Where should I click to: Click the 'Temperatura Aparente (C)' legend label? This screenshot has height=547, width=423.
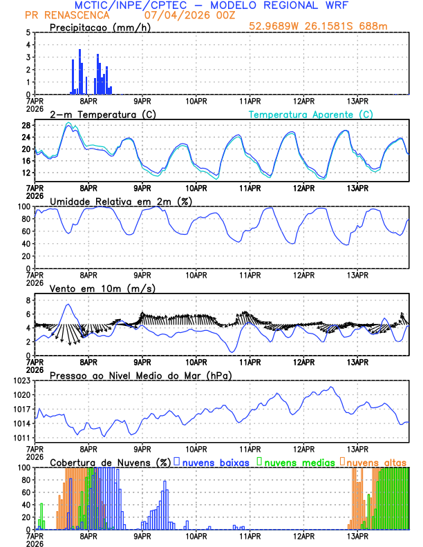(310, 114)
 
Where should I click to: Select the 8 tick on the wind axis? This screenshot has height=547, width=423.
(28, 300)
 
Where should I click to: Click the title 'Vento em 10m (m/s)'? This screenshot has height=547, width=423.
(102, 288)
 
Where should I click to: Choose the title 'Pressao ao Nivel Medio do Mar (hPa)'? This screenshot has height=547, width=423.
(140, 375)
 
